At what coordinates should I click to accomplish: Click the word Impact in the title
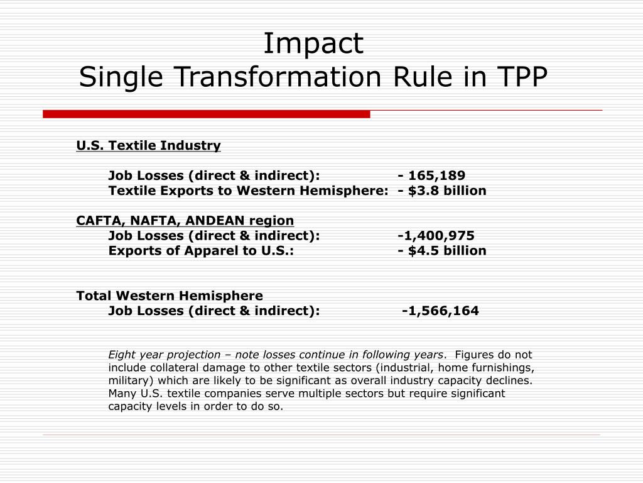pyautogui.click(x=313, y=44)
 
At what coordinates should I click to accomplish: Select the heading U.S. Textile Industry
pyautogui.click(x=149, y=146)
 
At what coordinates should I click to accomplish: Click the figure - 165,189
pyautogui.click(x=432, y=175)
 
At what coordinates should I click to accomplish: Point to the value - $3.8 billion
pyautogui.click(x=442, y=191)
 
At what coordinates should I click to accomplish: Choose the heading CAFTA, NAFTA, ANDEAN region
pyautogui.click(x=185, y=221)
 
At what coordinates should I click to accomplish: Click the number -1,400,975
pyautogui.click(x=436, y=236)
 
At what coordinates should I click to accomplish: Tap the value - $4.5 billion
pyautogui.click(x=442, y=251)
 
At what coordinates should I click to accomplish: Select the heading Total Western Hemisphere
pyautogui.click(x=170, y=296)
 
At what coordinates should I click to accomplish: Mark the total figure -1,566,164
pyautogui.click(x=440, y=311)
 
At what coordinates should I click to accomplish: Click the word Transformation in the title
pyautogui.click(x=277, y=77)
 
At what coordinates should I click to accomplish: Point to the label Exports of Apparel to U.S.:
pyautogui.click(x=201, y=251)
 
